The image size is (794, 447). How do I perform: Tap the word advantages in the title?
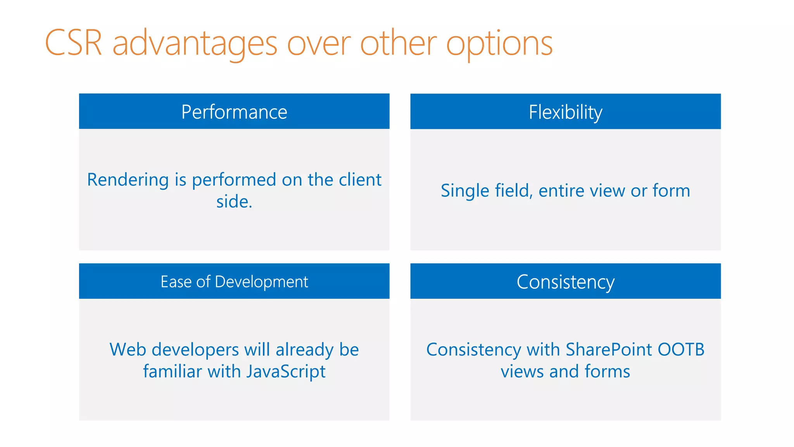tap(195, 43)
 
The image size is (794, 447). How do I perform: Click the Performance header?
tap(234, 112)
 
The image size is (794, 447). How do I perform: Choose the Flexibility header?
tap(565, 112)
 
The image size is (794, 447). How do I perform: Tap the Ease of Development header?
tap(234, 282)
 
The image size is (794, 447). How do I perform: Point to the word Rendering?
tap(128, 180)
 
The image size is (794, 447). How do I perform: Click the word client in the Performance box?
tap(360, 180)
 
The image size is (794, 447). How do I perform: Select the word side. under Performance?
tap(234, 202)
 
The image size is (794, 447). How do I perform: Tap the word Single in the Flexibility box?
tap(465, 191)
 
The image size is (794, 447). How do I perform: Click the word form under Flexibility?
tap(671, 191)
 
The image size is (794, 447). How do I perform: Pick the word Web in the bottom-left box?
tap(128, 350)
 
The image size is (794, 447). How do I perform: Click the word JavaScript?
tap(286, 372)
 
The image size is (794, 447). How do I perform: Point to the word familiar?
tap(173, 371)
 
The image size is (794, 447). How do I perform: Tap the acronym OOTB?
tap(681, 350)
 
